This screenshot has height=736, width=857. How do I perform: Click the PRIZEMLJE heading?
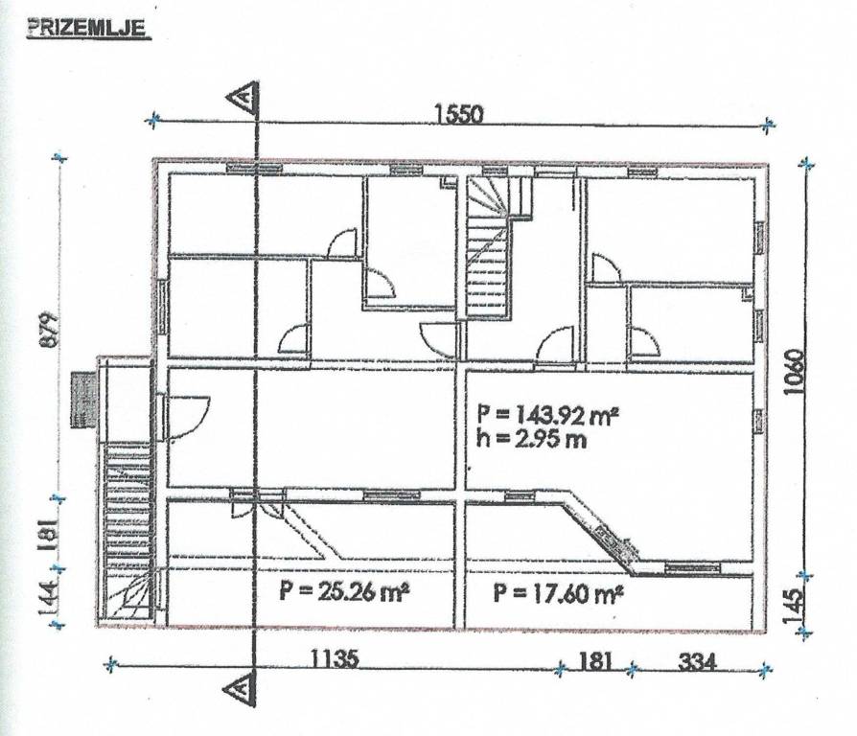pos(86,29)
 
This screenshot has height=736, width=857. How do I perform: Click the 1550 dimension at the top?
pos(459,115)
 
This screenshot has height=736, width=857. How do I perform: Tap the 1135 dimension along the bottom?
pos(336,659)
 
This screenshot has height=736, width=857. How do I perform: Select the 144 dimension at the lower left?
pos(49,597)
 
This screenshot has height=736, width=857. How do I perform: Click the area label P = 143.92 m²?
pos(547,414)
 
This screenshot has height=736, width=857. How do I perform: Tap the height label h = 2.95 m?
pos(531,439)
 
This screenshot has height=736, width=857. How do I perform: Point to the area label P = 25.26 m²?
pos(344,590)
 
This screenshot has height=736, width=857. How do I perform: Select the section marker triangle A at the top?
pos(243,99)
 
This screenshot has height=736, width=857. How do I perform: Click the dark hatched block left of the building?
pos(83,400)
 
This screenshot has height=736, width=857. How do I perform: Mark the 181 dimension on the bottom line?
pos(594,660)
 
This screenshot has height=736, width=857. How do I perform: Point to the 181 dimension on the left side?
pos(49,533)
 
